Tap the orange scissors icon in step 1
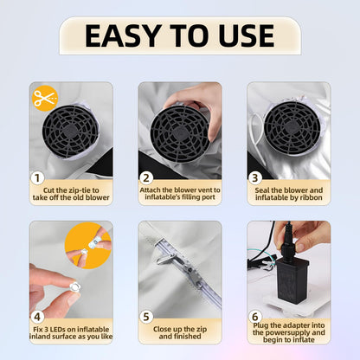tap(43, 98)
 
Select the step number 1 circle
tap(37, 179)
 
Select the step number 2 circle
tap(145, 179)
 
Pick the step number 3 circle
tap(255, 179)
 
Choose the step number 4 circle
tap(37, 317)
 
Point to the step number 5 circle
tap(145, 317)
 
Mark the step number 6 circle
tap(255, 317)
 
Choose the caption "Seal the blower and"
tap(295, 190)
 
